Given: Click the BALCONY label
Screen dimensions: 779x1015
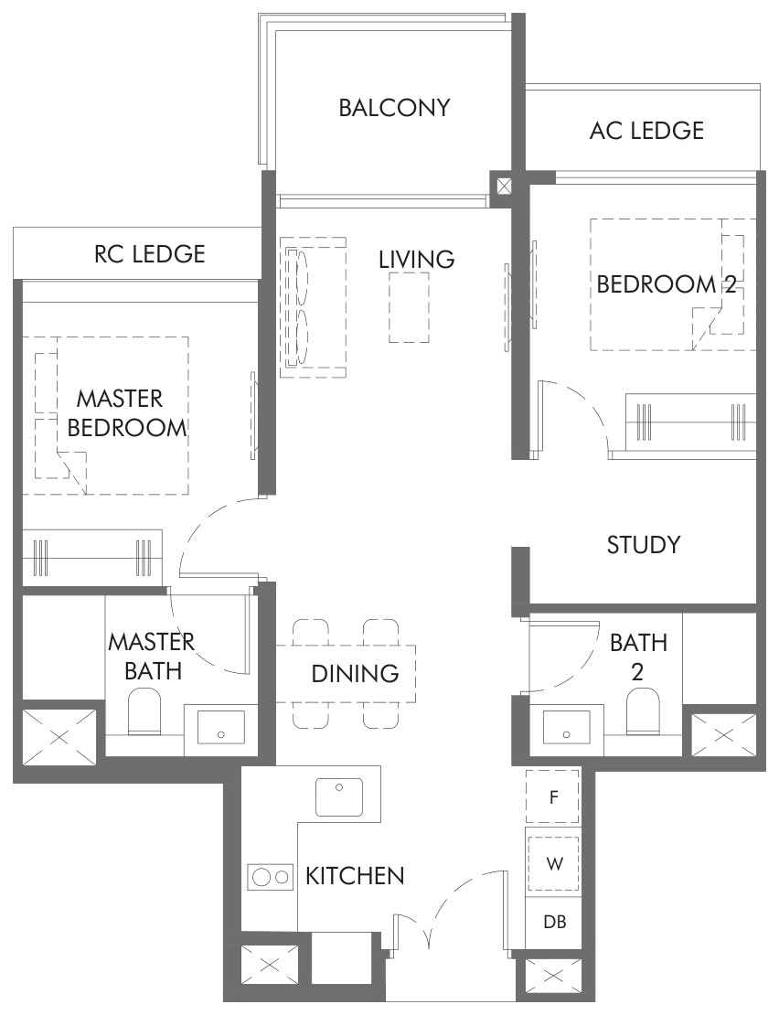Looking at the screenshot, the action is click(395, 108).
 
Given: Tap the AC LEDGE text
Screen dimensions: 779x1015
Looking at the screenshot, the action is click(646, 131).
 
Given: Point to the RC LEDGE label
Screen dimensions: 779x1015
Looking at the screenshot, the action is click(149, 254).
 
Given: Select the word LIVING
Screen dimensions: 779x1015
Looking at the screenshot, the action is click(417, 260).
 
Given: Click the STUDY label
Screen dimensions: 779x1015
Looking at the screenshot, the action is click(644, 545).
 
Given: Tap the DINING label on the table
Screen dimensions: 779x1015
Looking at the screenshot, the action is click(355, 674).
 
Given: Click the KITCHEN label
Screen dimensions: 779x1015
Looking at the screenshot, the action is click(355, 876).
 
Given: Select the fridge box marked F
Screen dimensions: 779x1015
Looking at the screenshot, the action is click(552, 796).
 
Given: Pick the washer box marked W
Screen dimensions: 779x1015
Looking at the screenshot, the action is click(553, 863).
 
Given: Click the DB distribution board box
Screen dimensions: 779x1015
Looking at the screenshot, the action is click(554, 921).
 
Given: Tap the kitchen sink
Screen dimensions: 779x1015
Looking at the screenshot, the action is click(339, 796).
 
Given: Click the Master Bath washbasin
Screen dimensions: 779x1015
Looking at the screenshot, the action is click(221, 730).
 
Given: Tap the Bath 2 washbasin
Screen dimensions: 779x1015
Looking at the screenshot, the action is click(567, 729).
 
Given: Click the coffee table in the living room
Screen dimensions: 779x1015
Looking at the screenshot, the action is click(409, 307).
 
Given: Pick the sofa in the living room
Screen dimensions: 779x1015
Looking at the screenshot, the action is click(313, 307).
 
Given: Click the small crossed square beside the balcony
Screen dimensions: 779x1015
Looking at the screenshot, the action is click(504, 187).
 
